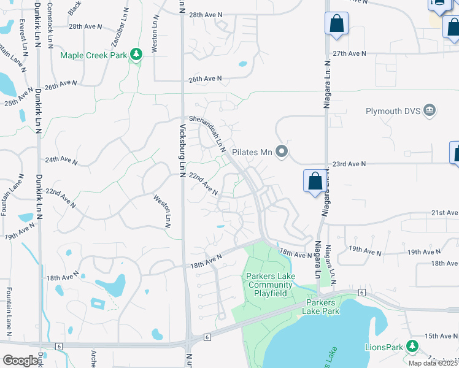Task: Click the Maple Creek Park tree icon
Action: pos(136,55)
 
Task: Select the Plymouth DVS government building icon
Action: pos(429,110)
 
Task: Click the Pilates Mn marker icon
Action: pos(282,150)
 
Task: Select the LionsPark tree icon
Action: pos(412,347)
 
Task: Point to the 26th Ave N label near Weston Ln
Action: pos(205,79)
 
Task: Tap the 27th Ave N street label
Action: pos(349,53)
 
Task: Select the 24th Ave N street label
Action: pos(61,160)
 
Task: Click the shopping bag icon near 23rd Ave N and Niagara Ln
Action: pos(315,181)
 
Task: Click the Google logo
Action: pos(20,361)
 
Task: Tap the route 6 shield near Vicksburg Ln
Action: pos(207,337)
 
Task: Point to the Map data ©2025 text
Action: pos(433,363)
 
